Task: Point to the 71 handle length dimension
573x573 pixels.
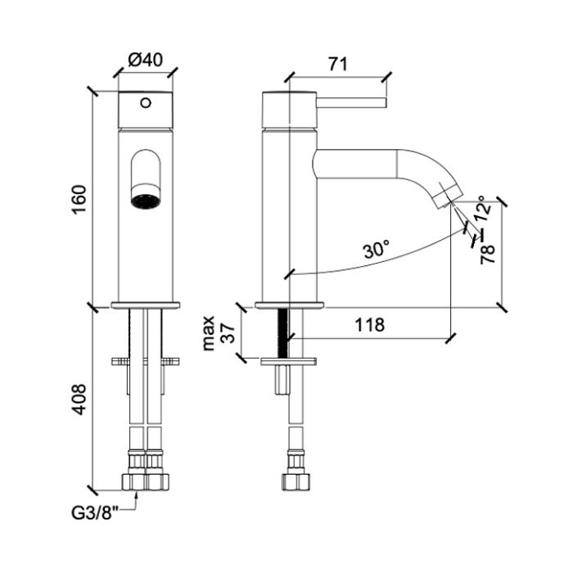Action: coord(335,64)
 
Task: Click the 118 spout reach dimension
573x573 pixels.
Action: coord(368,325)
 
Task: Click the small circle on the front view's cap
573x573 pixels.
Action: coord(146,103)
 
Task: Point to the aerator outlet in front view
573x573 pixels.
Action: coord(146,199)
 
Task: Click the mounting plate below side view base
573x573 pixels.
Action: coord(288,360)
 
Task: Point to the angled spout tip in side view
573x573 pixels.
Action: coord(444,193)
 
